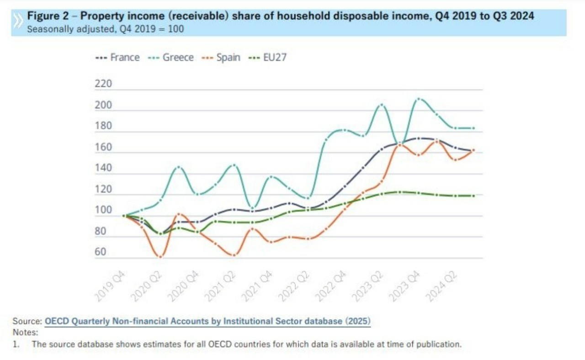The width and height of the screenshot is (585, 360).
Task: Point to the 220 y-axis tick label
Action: [x=103, y=85]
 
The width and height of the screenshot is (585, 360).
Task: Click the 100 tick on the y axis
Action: [x=103, y=210]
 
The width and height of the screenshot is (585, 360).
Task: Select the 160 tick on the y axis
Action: [x=103, y=148]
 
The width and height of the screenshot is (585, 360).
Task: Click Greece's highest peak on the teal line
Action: [x=418, y=99]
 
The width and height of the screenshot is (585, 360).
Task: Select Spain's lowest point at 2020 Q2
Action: [x=160, y=257]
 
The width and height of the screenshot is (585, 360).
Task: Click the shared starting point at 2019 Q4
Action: [x=124, y=216]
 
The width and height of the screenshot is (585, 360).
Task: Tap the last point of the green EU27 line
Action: [x=473, y=196]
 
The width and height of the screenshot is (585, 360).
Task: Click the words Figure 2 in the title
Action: [x=47, y=16]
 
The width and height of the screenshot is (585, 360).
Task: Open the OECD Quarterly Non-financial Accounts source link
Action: [x=207, y=321]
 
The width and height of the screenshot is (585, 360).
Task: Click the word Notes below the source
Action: [x=26, y=333]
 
